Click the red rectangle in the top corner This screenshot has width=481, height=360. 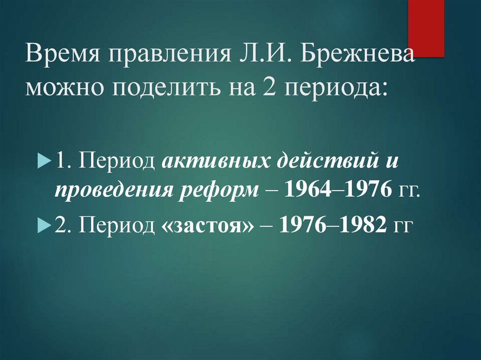(426, 28)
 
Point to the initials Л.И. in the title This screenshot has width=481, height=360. (260, 56)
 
